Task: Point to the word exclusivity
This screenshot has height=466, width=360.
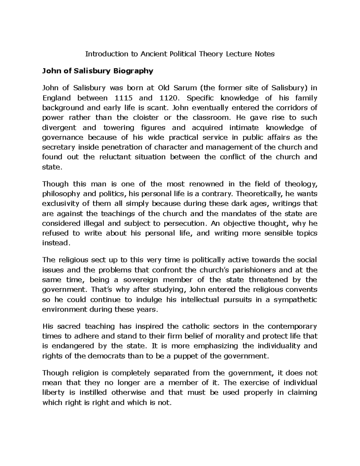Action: [61, 204]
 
